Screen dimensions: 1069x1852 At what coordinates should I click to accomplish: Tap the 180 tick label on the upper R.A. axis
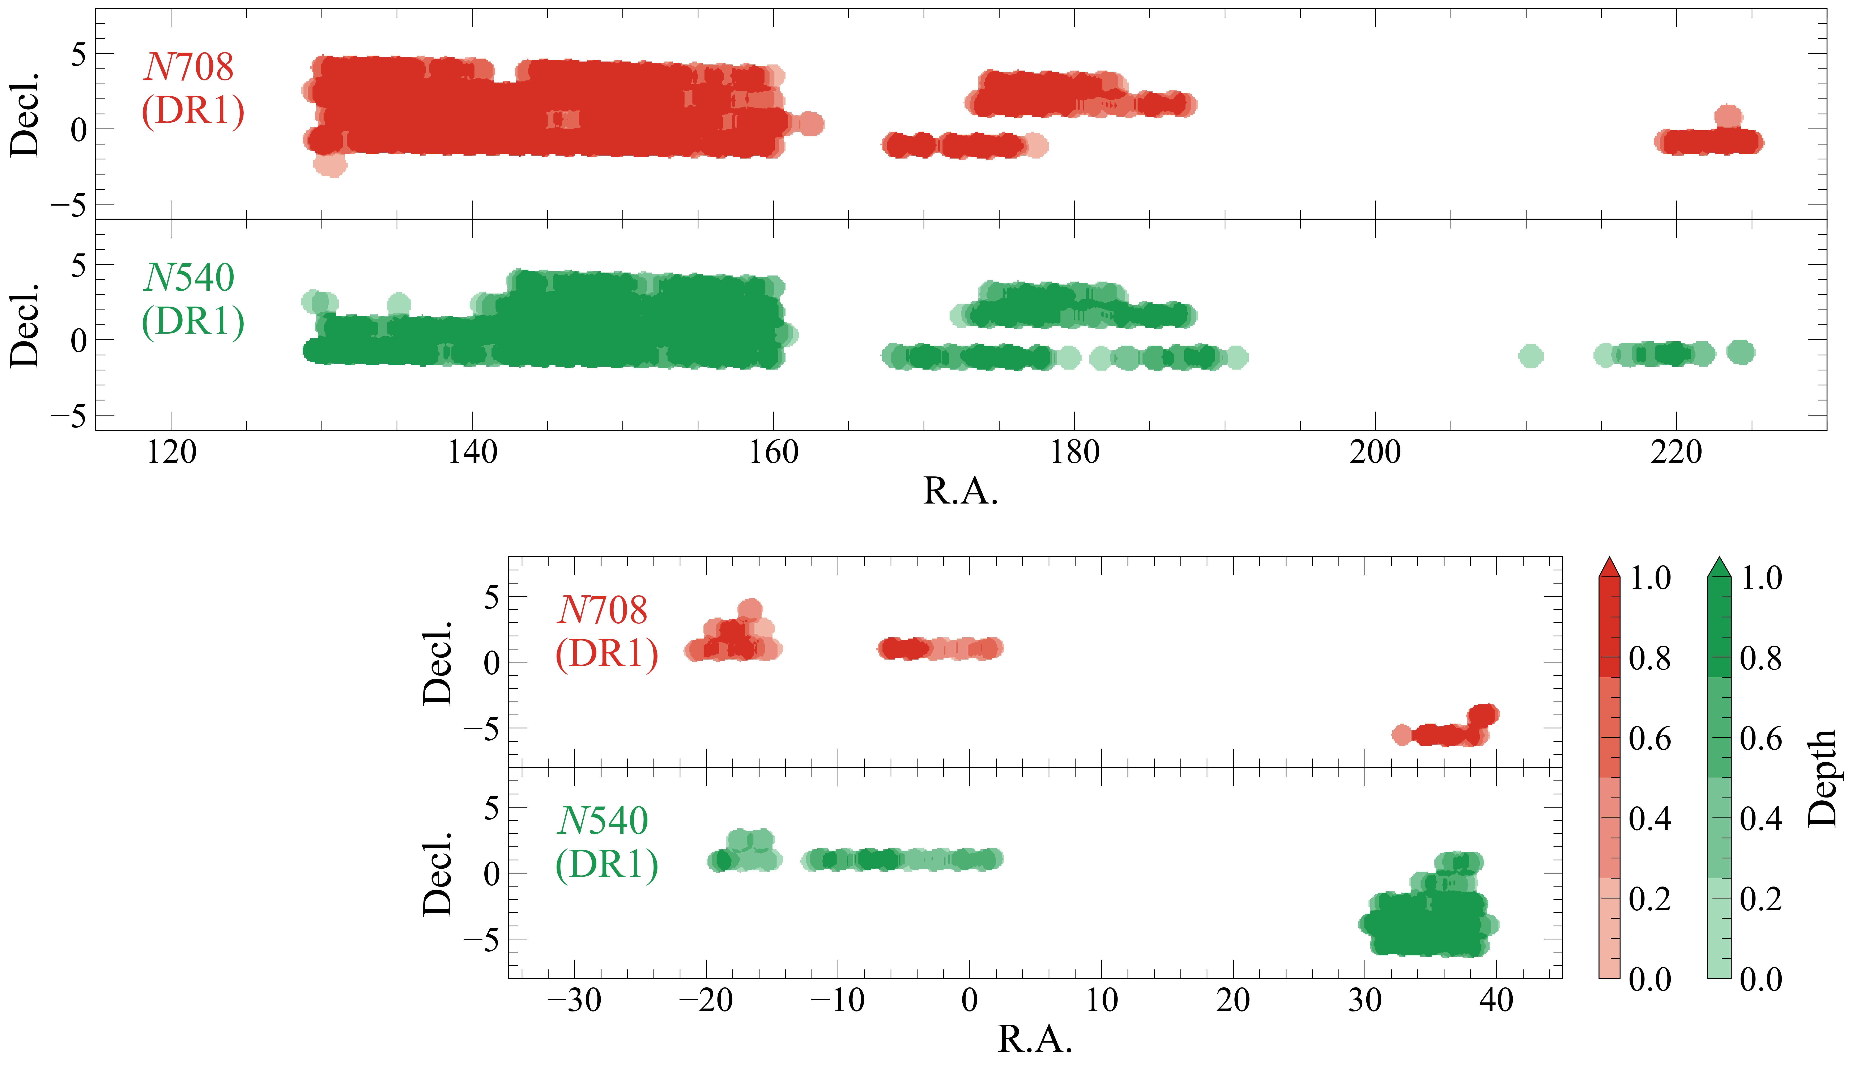pos(1074,452)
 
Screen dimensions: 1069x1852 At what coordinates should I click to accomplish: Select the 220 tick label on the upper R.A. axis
pos(1676,452)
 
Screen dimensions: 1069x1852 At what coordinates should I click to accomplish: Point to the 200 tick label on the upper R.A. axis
pos(1375,452)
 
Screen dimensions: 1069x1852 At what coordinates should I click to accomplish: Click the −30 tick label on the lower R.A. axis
pos(575,1000)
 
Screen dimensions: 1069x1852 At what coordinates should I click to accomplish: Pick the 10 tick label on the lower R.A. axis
pos(1101,1000)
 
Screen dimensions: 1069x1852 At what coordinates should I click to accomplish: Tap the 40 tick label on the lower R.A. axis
pos(1496,1000)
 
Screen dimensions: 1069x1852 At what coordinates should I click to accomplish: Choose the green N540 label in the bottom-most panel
pos(603,820)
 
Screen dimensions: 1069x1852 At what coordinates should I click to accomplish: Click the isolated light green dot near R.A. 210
pos(1530,356)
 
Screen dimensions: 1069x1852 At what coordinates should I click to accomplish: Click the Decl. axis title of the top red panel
pos(25,114)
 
